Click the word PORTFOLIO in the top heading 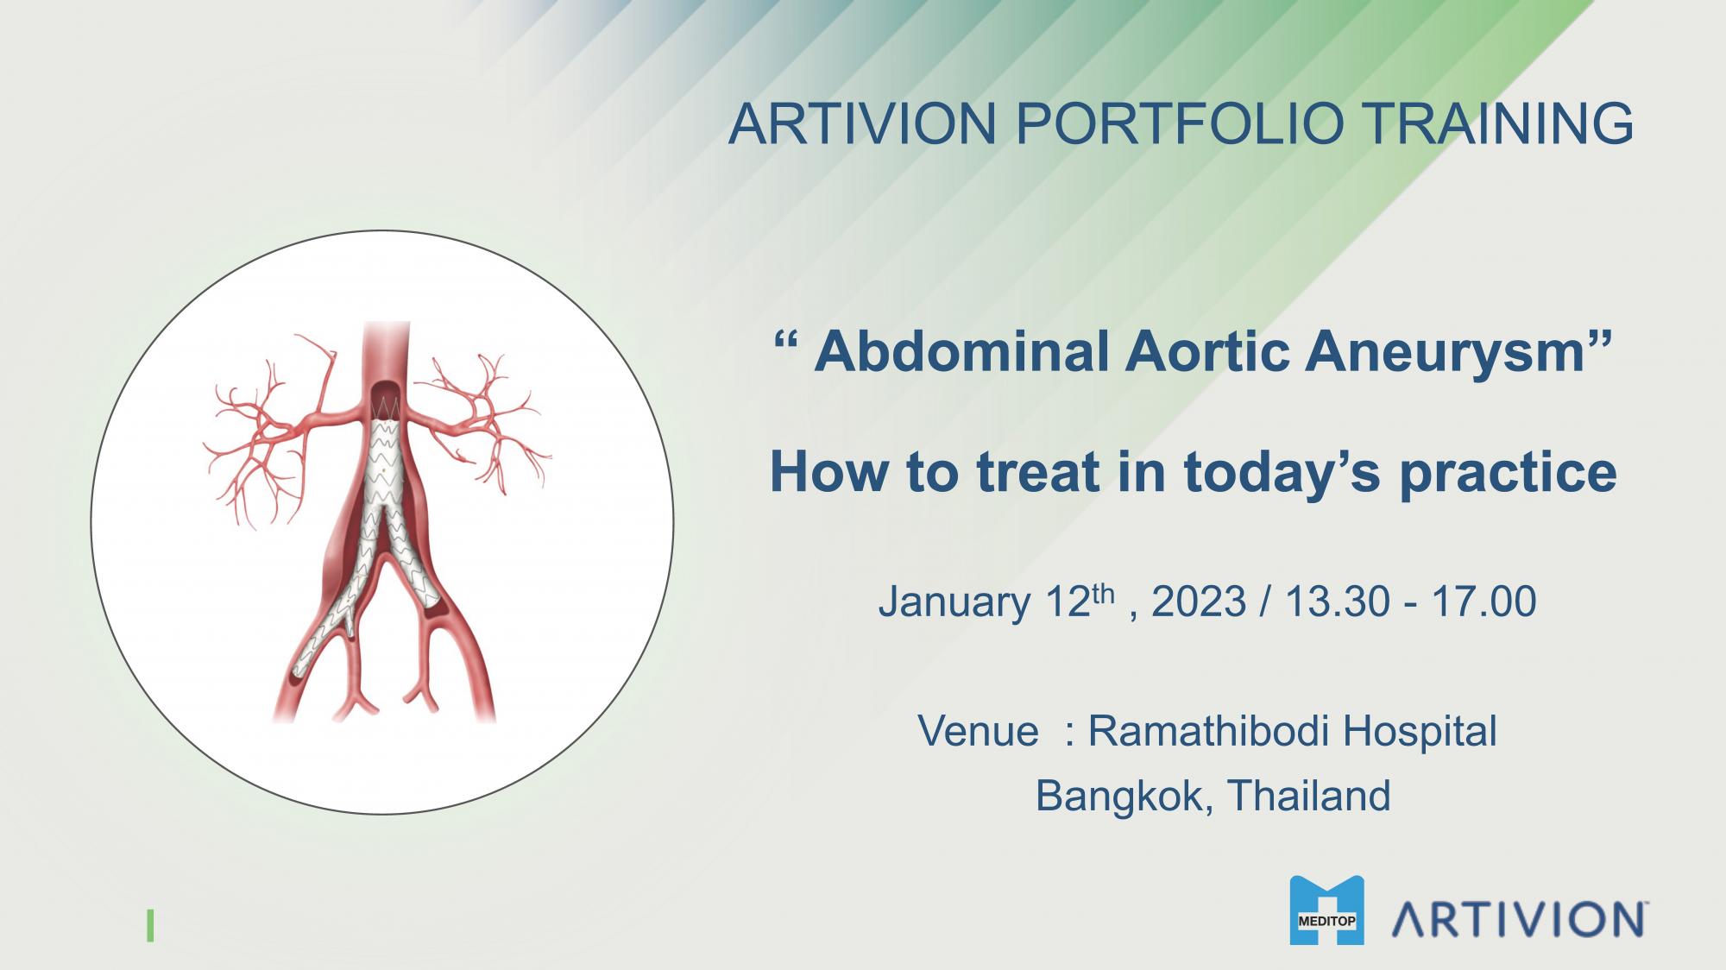coord(1179,123)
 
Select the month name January coord(954,602)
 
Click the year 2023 coord(1199,601)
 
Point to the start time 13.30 coord(1335,601)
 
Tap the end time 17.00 coord(1483,601)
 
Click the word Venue coord(978,731)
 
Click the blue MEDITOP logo coord(1326,910)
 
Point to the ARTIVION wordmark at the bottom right coord(1517,920)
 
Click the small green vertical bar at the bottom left coord(151,924)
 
